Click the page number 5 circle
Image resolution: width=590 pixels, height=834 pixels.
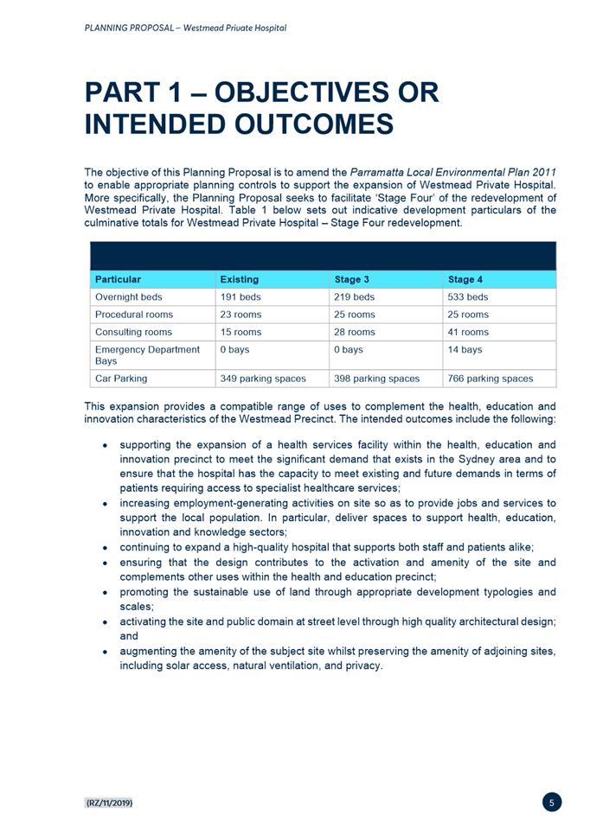coord(552,802)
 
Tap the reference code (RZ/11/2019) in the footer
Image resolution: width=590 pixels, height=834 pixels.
coord(108,803)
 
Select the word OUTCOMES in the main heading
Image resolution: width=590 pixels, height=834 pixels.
coord(314,124)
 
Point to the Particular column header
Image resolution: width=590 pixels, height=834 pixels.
coord(118,279)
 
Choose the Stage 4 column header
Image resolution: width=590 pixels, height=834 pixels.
coord(466,279)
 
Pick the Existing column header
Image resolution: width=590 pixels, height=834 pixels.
coord(239,279)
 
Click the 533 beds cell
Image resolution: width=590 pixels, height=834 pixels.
coord(468,297)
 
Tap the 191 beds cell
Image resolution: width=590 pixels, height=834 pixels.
coord(240,297)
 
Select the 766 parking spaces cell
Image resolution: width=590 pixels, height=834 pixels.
coord(491,379)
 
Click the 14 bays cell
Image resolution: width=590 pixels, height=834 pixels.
coord(465,349)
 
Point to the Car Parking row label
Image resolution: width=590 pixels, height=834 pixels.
coord(121,379)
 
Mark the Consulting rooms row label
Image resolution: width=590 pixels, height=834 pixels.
coord(133,332)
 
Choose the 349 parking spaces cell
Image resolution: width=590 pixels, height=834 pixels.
coord(263,379)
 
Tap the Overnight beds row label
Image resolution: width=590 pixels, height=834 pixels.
coord(128,297)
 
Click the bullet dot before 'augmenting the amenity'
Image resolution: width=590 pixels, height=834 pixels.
coord(105,651)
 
